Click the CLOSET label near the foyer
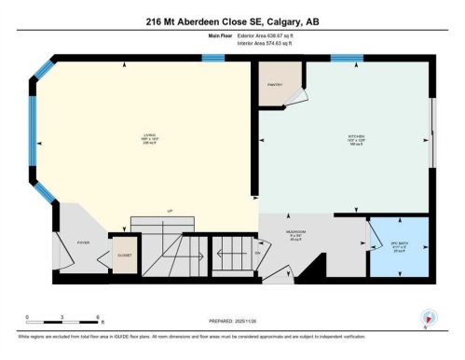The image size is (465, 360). tap(124, 255)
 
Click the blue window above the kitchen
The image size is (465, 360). tap(347, 59)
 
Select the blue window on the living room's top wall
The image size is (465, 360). tap(213, 59)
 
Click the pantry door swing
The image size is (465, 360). tap(296, 96)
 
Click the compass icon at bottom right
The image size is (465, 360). tap(429, 316)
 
